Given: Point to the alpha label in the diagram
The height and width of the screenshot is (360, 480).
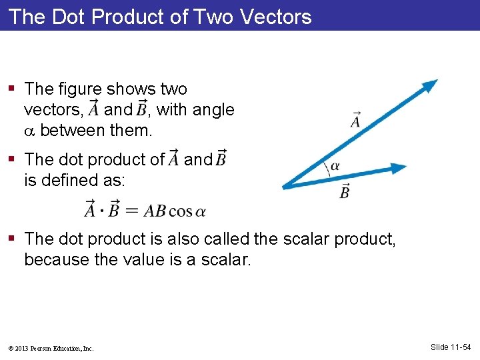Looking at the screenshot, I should coord(335,167).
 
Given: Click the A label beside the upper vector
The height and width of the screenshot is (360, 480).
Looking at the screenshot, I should coord(355,121).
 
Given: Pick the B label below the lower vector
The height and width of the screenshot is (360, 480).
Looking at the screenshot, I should coord(345,191).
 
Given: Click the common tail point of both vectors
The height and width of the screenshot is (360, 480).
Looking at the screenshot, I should coord(285,187).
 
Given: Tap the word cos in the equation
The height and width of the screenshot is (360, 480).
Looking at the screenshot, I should coord(180,211).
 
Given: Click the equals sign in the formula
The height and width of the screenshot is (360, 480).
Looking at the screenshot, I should coord(132,211).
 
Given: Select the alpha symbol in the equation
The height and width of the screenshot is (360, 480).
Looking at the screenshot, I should coord(200,212).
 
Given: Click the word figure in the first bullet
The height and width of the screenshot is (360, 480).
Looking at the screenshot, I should coord(80,89).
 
